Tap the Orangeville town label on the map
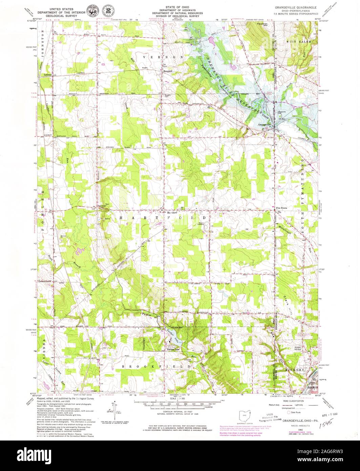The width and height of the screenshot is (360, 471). (265, 125)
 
